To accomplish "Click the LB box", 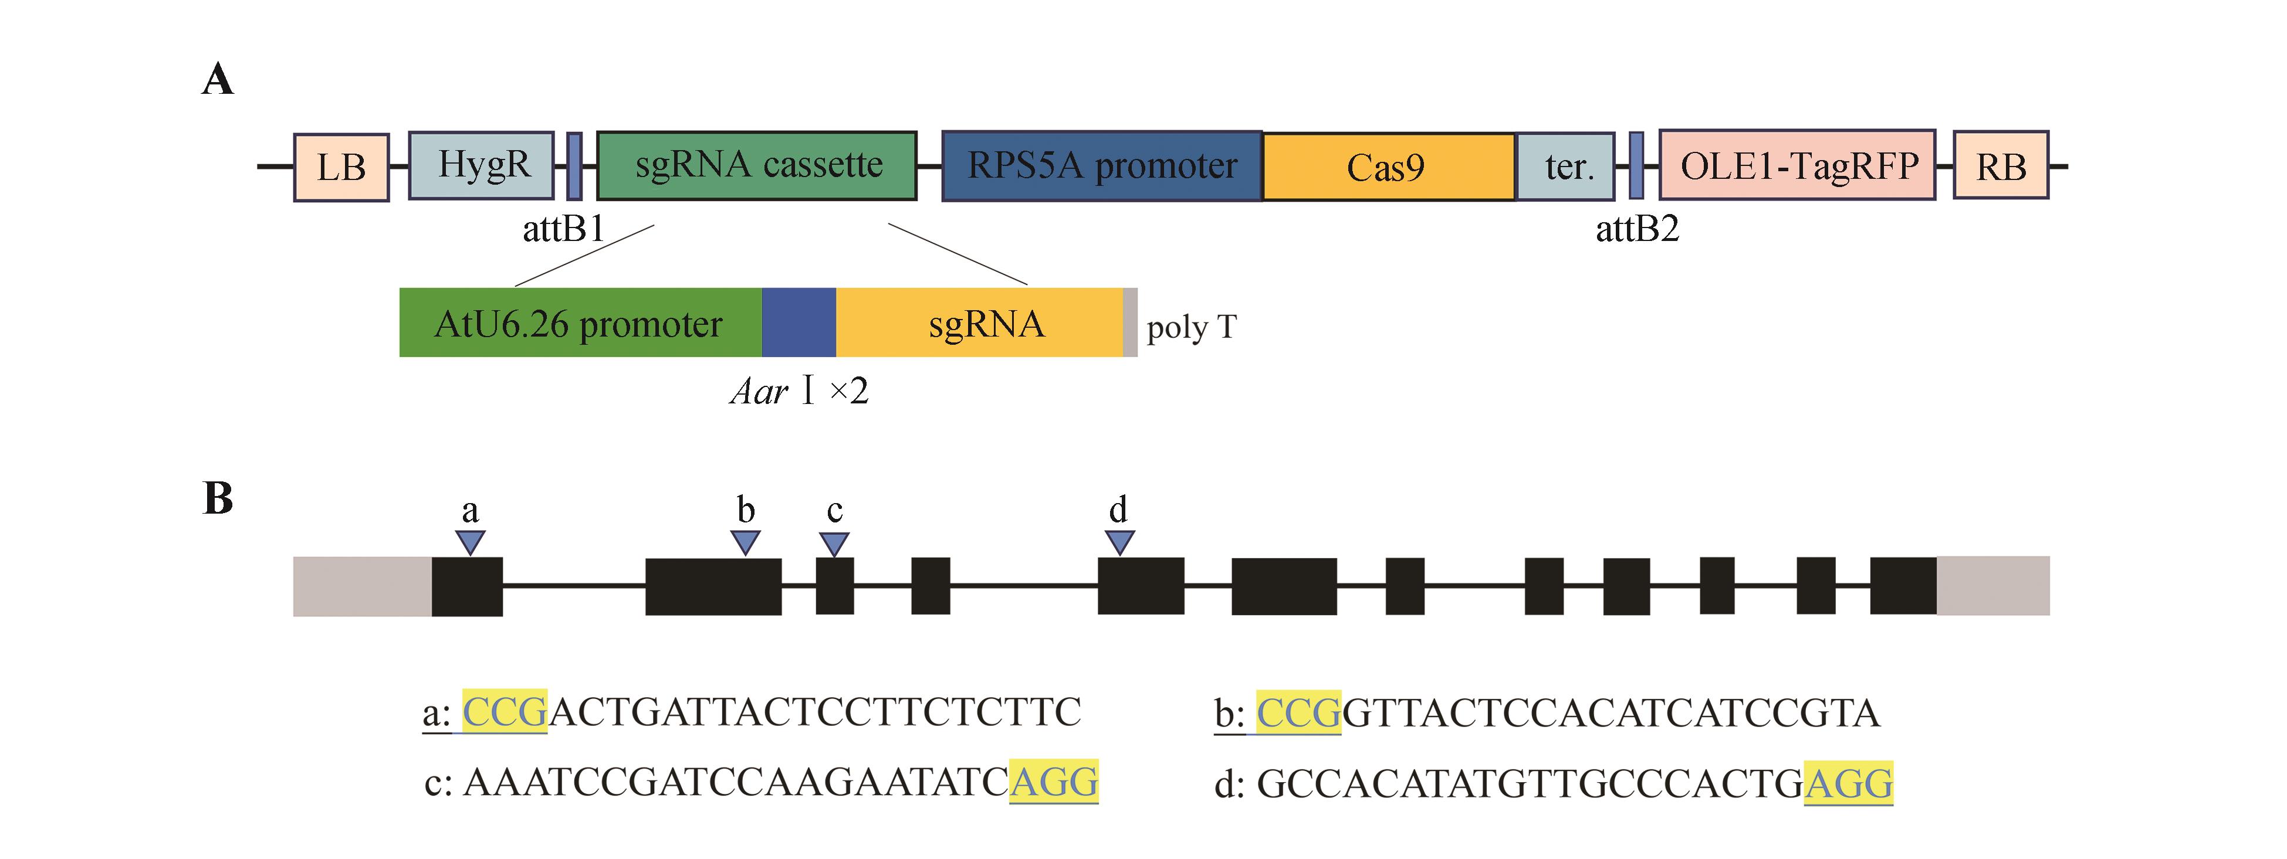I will click(x=341, y=167).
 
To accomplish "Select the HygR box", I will click(x=481, y=165).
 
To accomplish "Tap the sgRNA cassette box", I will click(x=756, y=165).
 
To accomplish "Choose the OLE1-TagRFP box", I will click(x=1797, y=165).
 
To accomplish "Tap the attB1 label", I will click(x=563, y=229).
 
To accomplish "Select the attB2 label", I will click(x=1637, y=229).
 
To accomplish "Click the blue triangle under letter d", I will click(x=1119, y=541).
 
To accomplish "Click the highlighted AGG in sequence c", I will click(x=1054, y=782).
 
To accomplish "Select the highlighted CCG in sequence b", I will click(x=1298, y=712).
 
